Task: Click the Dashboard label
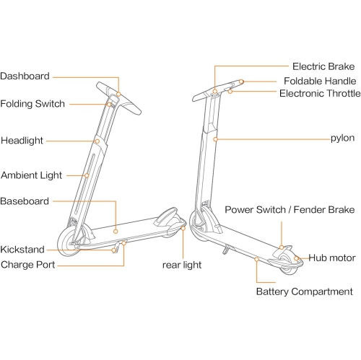click(x=25, y=76)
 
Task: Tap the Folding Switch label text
click(x=32, y=104)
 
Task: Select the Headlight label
click(x=22, y=141)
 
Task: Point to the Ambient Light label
click(x=31, y=175)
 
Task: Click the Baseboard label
click(x=25, y=201)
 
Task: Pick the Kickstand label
click(x=22, y=250)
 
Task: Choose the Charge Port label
click(x=28, y=265)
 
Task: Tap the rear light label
click(x=182, y=265)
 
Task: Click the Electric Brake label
click(x=323, y=66)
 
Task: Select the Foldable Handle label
click(x=320, y=81)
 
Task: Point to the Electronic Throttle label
click(x=320, y=93)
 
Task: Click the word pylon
click(x=342, y=139)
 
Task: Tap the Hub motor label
click(x=332, y=258)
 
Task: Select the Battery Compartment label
click(x=305, y=291)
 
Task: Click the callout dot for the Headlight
click(x=97, y=141)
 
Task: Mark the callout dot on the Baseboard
click(x=116, y=232)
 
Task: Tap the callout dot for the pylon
click(x=215, y=139)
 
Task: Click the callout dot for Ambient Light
click(x=87, y=175)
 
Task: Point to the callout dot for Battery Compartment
click(x=257, y=259)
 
